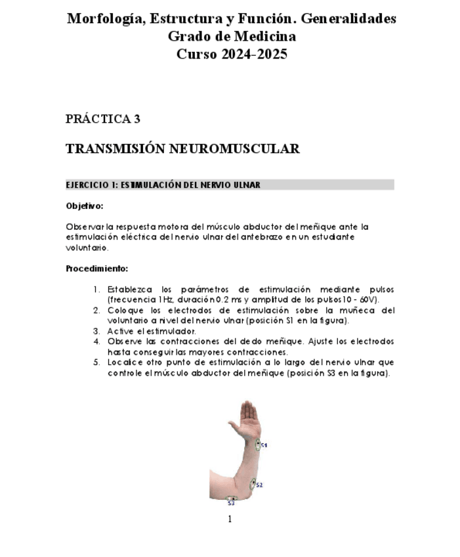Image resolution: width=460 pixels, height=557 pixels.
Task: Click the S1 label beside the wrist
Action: tap(264, 445)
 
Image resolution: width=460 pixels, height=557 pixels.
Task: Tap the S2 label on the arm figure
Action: tap(259, 485)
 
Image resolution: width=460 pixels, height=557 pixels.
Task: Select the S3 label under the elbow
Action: tap(231, 504)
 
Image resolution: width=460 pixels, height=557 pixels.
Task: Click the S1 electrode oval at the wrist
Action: tap(257, 445)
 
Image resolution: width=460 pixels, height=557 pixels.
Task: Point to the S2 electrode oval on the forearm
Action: tap(253, 484)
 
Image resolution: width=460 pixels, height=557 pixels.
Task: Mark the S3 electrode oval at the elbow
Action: tap(231, 499)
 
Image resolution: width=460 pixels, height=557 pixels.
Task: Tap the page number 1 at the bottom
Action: tap(230, 520)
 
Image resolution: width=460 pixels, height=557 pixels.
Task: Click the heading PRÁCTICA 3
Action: tap(103, 119)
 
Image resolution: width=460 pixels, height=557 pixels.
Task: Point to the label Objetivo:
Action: tap(85, 206)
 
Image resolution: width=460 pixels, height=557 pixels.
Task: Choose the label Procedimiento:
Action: tap(96, 268)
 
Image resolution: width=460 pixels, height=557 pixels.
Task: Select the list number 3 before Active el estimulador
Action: tap(96, 331)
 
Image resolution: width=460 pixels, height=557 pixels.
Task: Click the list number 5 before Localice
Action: tap(96, 362)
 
